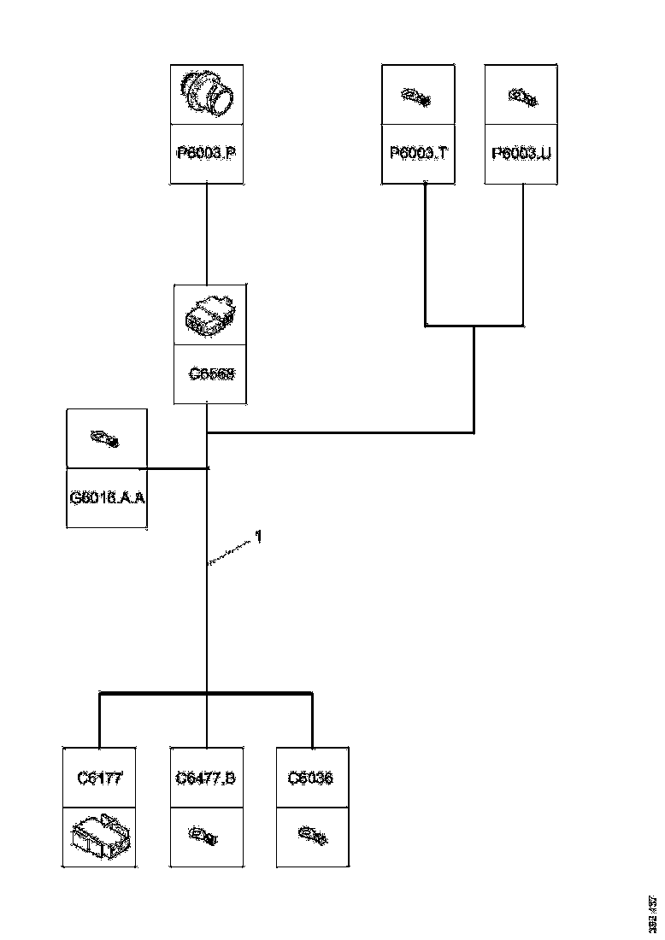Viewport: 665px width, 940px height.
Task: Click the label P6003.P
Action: pos(206,154)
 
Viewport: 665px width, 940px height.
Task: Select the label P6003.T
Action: pos(417,154)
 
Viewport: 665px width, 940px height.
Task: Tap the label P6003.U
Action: pos(521,154)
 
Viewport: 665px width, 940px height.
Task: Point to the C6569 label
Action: pos(211,374)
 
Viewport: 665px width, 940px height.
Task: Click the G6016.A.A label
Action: pos(106,497)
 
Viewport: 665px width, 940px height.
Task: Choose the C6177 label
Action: pos(100,778)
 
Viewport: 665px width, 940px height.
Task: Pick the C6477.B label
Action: pos(206,778)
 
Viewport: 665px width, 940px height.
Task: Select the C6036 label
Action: pos(311,778)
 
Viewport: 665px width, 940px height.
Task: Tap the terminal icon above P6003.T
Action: pos(417,97)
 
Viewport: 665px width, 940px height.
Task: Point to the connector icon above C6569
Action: pos(210,316)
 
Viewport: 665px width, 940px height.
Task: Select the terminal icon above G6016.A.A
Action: pos(106,439)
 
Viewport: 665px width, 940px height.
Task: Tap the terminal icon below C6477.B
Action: pos(206,833)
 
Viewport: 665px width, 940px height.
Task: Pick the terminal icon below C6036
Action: pos(311,833)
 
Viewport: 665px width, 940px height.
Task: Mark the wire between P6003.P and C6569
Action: pos(207,234)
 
